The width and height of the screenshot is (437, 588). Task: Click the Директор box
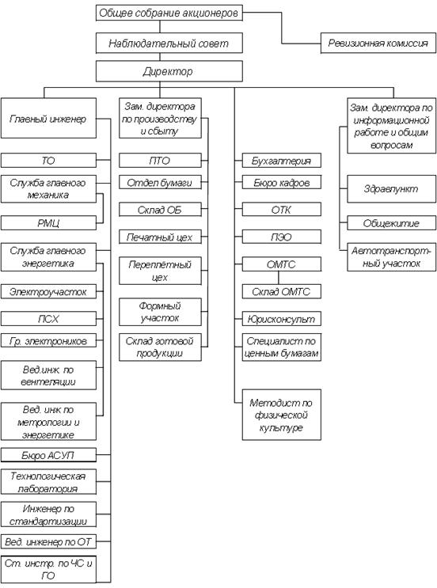pyautogui.click(x=169, y=71)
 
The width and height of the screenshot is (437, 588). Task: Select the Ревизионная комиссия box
pyautogui.click(x=378, y=43)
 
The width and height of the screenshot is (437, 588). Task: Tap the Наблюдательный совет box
pyautogui.click(x=169, y=43)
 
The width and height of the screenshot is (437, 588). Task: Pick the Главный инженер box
pyautogui.click(x=48, y=118)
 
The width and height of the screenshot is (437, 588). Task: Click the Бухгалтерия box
pyautogui.click(x=281, y=161)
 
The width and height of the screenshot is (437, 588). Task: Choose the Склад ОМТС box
pyautogui.click(x=281, y=291)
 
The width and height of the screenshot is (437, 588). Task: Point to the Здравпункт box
pyautogui.click(x=392, y=188)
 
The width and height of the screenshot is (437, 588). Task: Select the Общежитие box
pyautogui.click(x=392, y=223)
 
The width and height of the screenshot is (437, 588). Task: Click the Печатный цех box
pyautogui.click(x=160, y=237)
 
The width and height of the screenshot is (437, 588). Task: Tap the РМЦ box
pyautogui.click(x=48, y=222)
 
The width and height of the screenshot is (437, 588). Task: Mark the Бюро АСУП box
pyautogui.click(x=48, y=455)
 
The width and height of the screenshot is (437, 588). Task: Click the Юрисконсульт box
pyautogui.click(x=281, y=319)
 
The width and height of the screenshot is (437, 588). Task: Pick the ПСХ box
pyautogui.click(x=48, y=319)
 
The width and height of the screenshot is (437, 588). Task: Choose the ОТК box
pyautogui.click(x=281, y=210)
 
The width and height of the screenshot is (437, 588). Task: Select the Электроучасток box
pyautogui.click(x=48, y=291)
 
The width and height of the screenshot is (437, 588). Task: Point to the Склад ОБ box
pyautogui.click(x=160, y=210)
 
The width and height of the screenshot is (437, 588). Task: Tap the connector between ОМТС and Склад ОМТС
pyautogui.click(x=279, y=278)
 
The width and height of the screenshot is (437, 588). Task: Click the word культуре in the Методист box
pyautogui.click(x=281, y=427)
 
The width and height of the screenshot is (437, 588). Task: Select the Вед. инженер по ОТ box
pyautogui.click(x=48, y=541)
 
